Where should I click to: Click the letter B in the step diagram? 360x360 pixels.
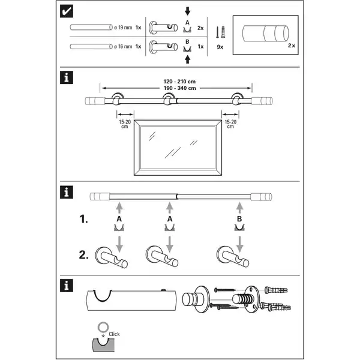(239, 220)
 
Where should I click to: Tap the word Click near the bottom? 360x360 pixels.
(114, 334)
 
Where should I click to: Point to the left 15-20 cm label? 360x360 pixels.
(125, 124)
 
